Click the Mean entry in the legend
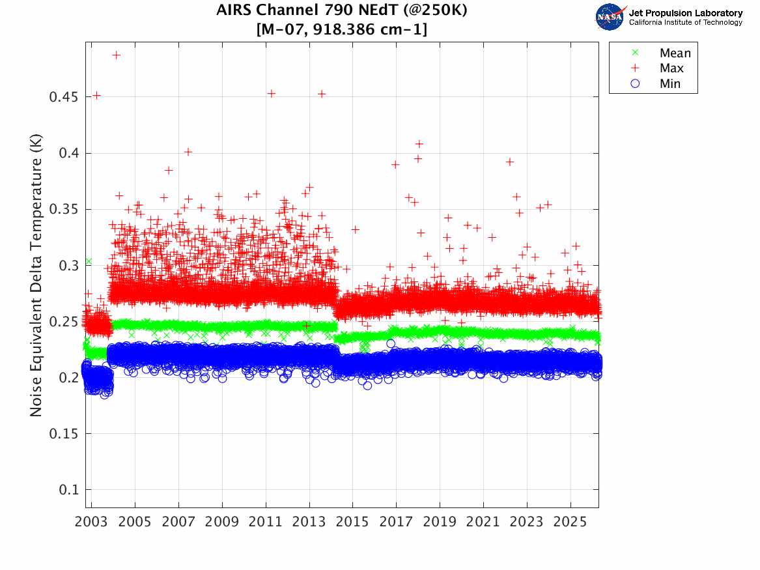[x=674, y=53]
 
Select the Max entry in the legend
[x=671, y=68]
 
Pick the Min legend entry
[x=669, y=83]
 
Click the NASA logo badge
[x=610, y=16]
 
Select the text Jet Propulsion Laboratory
[x=685, y=13]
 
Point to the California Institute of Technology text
[x=685, y=23]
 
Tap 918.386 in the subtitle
[x=365, y=29]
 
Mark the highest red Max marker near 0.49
[x=116, y=55]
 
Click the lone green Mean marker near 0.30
[x=88, y=261]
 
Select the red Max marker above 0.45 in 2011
[x=272, y=93]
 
